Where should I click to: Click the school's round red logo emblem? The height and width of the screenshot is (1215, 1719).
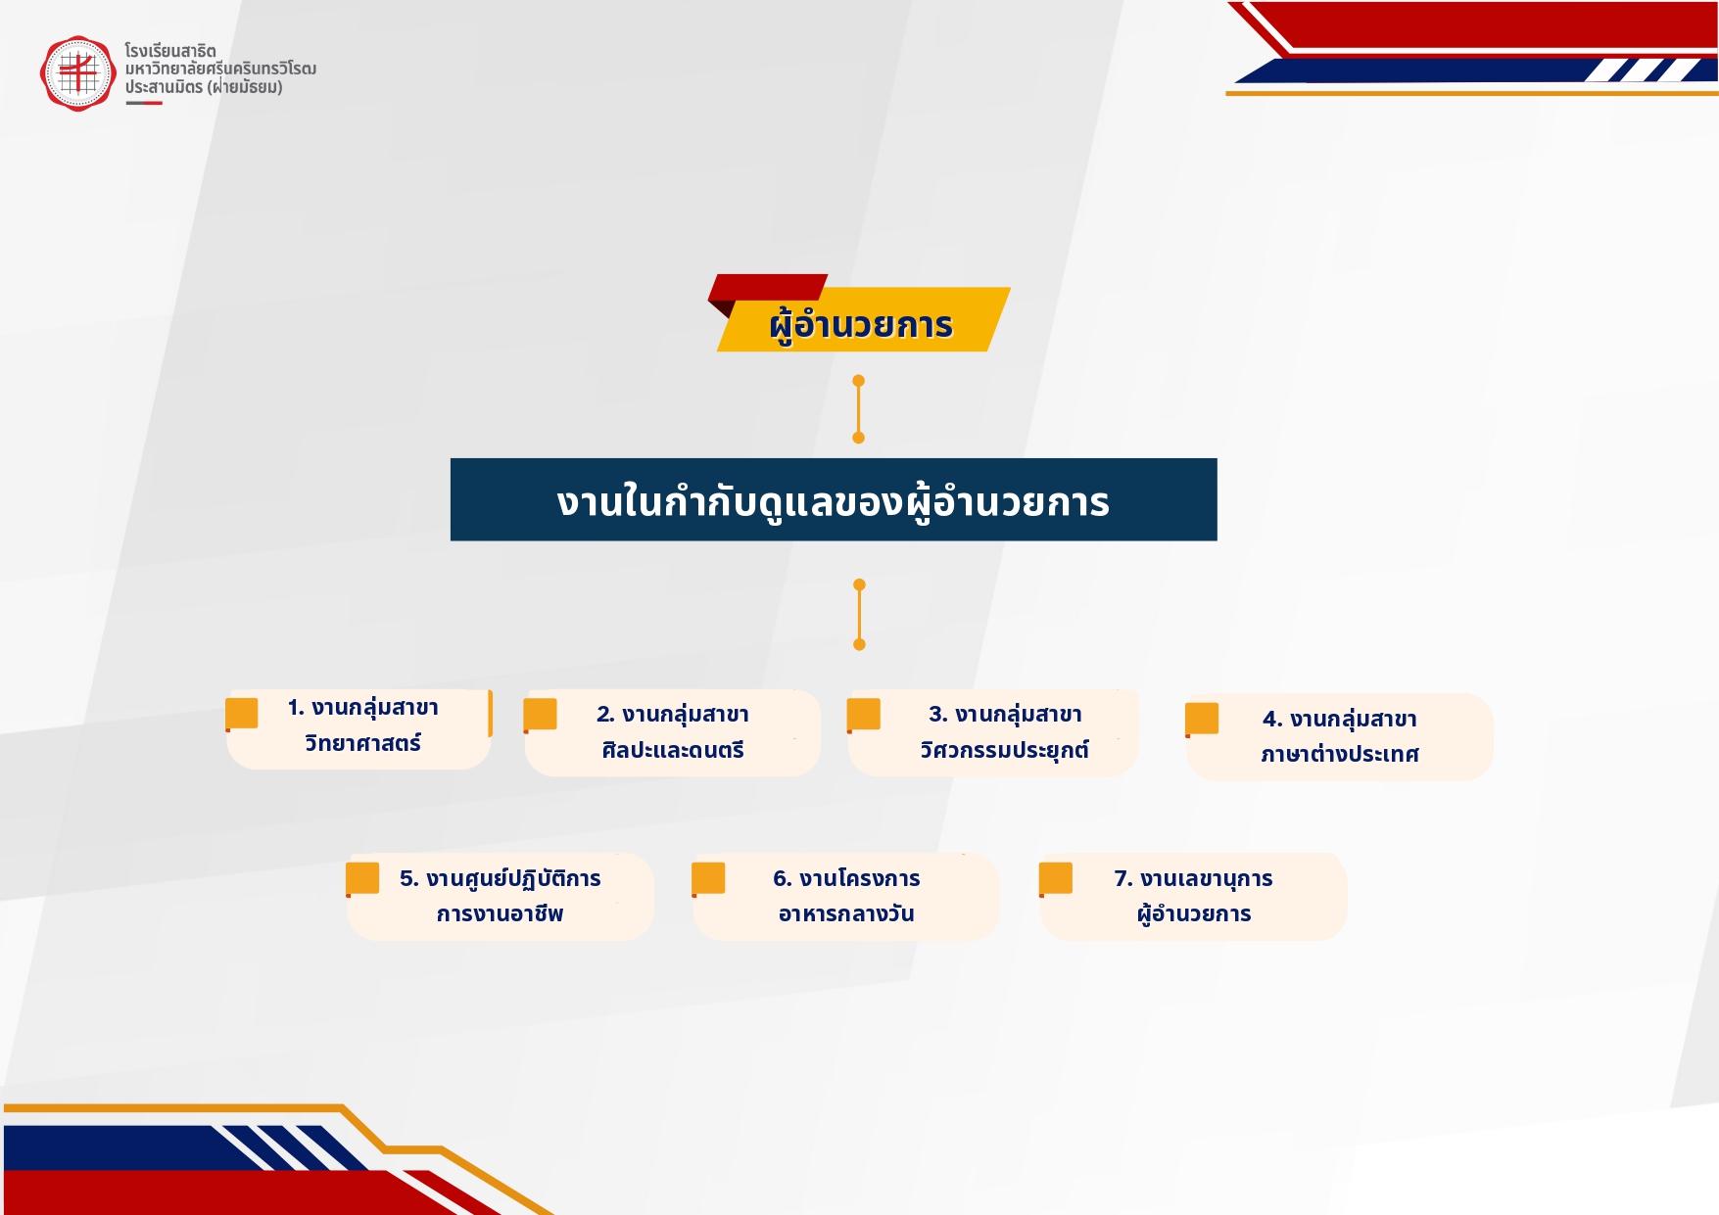coord(77,73)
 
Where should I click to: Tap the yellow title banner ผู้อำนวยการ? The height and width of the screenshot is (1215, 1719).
coord(863,320)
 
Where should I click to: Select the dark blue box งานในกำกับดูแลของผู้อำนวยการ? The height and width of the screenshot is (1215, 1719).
coord(834,499)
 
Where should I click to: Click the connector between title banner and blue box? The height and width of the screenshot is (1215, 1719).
coord(858,409)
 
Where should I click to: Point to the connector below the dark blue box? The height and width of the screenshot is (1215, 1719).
coord(859,615)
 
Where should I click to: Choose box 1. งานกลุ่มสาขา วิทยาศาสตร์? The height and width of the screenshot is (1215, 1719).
coord(358,728)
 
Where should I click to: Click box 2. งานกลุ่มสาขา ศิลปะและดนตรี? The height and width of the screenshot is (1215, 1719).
coord(673,733)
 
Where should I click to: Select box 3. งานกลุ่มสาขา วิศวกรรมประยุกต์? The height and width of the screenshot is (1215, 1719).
coord(993,733)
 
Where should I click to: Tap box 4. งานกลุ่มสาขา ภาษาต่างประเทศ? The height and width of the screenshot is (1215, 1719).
coord(1340,737)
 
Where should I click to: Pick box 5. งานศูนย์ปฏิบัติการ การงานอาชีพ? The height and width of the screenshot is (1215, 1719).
coord(501,897)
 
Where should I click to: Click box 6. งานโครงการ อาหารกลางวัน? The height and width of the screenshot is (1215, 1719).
coord(846,897)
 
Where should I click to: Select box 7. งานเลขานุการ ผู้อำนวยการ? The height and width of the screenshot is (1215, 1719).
coord(1194,897)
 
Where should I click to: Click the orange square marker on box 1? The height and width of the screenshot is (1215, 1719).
coord(242,714)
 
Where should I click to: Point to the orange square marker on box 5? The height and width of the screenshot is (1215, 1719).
coord(362,879)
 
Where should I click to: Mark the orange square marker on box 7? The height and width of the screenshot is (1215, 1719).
coord(1056,879)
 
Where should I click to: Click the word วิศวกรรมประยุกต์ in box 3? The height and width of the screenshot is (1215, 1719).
coord(1004,751)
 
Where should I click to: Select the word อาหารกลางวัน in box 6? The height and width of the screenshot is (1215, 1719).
coord(846,913)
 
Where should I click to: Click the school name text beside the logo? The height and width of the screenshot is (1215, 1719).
coord(220,69)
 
